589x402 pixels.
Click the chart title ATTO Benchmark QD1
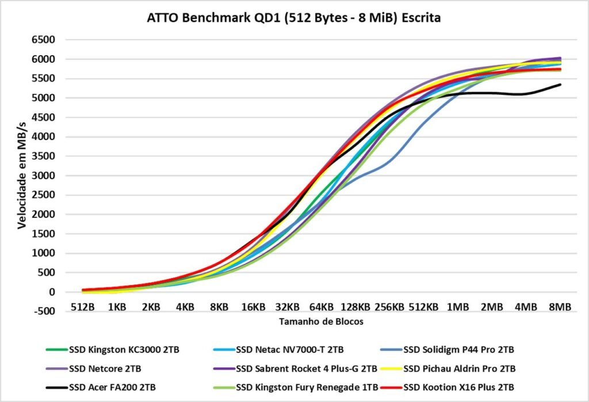tap(294, 18)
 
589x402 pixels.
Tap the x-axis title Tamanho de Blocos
tap(322, 321)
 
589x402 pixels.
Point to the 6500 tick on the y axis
tap(43, 40)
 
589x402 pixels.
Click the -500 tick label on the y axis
tap(44, 312)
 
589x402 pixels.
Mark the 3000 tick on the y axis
tap(43, 176)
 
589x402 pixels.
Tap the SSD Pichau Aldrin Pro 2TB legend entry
tap(459, 368)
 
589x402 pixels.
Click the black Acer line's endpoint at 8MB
tap(560, 85)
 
